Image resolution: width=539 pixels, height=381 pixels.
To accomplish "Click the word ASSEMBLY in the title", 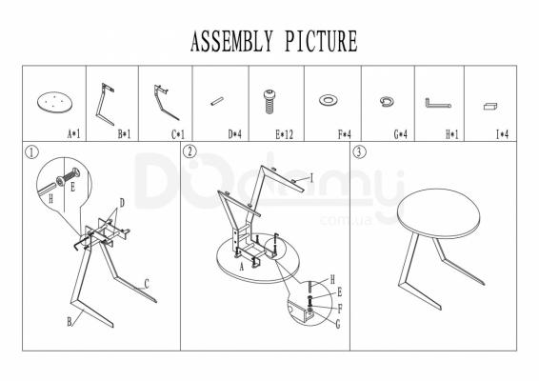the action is [231, 41].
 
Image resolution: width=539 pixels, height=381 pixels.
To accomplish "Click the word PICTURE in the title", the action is [321, 41].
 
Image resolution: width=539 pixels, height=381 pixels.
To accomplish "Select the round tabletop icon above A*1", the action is [54, 102].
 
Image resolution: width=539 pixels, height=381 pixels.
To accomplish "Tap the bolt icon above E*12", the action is [269, 101].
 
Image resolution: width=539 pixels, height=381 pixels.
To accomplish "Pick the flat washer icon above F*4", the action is [329, 100].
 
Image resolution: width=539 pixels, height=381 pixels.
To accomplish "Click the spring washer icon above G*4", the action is [387, 101].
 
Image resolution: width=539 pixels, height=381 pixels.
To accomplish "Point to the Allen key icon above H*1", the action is [438, 103].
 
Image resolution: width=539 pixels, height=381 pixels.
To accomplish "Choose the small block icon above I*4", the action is [490, 106].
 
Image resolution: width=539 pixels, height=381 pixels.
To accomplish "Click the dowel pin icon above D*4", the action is [217, 101].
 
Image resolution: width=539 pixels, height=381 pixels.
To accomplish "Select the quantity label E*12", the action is [285, 134].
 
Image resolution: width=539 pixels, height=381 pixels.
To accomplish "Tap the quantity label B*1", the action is [124, 134].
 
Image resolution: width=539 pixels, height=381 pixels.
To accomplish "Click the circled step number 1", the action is [32, 152].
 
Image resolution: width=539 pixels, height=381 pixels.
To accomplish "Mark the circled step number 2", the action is [190, 151].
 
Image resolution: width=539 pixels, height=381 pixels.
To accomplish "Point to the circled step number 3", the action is [360, 151].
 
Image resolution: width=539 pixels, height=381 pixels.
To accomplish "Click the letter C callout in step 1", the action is [147, 284].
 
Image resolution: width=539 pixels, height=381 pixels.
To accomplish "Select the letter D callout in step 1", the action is [122, 203].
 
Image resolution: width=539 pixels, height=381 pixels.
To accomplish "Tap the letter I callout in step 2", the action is [311, 178].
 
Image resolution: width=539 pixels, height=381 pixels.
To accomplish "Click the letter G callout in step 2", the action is [337, 324].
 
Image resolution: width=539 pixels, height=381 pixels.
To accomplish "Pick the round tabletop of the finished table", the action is [438, 213].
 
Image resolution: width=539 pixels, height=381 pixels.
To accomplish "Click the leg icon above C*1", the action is [162, 103].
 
